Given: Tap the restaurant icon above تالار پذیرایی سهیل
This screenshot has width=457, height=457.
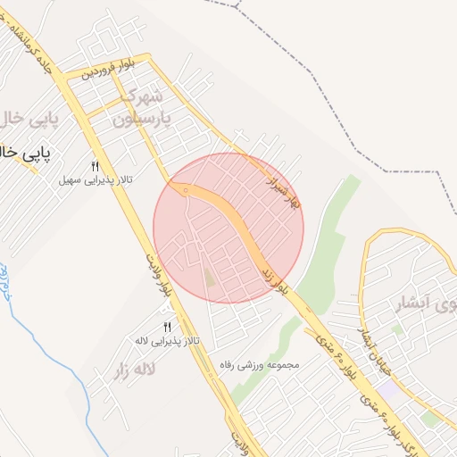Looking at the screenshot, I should click(96, 166).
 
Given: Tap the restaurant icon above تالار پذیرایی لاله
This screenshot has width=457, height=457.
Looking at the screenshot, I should click(166, 328).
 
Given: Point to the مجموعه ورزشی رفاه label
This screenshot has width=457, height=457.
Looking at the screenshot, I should click(264, 364).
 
